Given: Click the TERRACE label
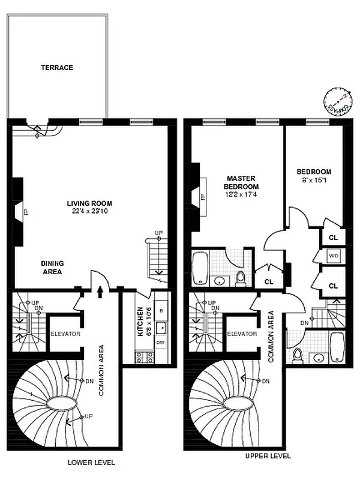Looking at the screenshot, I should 57,68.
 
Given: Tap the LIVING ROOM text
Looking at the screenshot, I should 88,203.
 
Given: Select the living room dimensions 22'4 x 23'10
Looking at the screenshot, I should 88,211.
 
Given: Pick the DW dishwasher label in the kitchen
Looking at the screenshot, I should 160,343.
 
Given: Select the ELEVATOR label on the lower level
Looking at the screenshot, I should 65,334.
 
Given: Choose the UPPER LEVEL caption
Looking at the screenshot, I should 268,456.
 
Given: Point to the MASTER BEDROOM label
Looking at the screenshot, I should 242,182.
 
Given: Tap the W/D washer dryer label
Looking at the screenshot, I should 333,256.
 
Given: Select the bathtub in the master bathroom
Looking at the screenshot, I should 200,269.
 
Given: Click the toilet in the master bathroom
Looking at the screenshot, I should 241,277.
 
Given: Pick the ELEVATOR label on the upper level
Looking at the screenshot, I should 242,334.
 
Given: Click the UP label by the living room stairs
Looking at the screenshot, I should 159,233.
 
